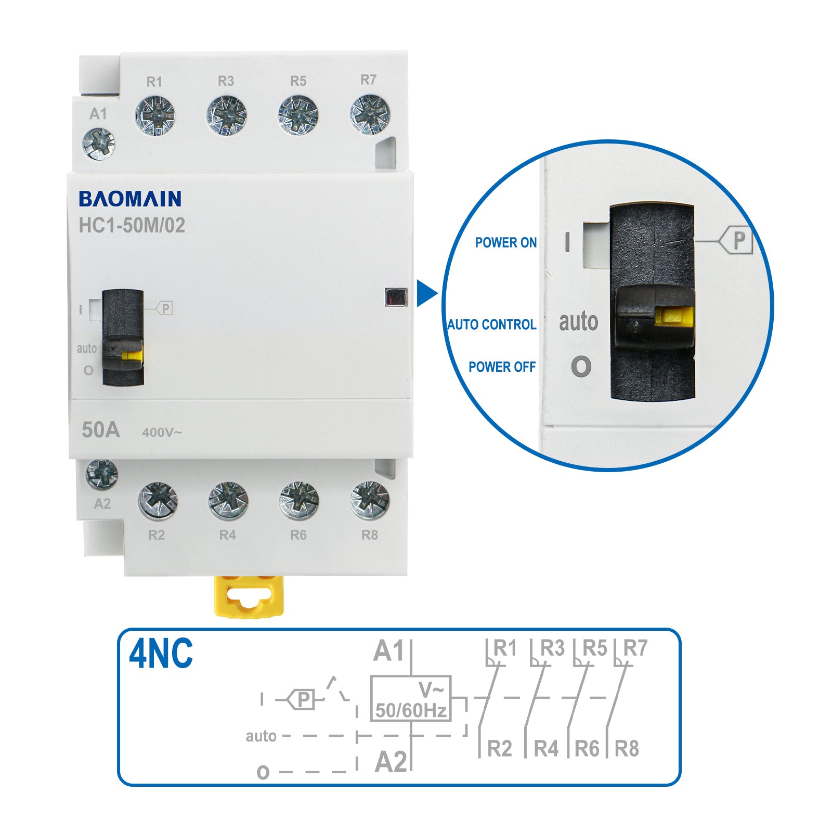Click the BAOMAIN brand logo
(130, 199)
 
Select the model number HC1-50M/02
(132, 226)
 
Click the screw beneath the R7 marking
(370, 114)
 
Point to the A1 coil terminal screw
(99, 144)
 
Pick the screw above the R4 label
(228, 501)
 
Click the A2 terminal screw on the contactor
(101, 475)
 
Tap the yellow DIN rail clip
(249, 596)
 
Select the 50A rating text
(101, 430)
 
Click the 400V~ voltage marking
(162, 433)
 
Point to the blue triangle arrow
(427, 294)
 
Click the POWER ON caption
(506, 243)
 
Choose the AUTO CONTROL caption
(492, 324)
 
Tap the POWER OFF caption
(502, 367)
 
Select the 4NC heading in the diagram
(161, 654)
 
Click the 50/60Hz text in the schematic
(411, 710)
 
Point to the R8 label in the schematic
(627, 749)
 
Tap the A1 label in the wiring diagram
(388, 651)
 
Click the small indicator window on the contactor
(396, 297)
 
